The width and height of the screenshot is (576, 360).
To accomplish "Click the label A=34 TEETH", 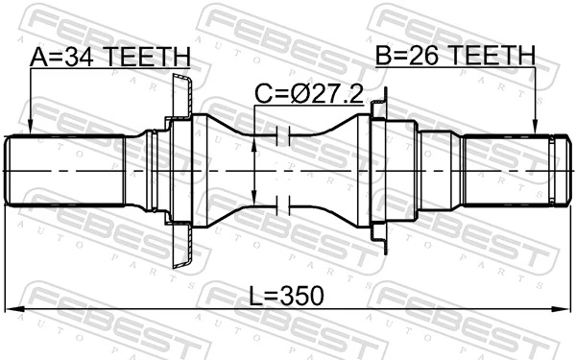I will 109,59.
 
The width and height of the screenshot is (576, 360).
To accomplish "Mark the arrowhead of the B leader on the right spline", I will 535,130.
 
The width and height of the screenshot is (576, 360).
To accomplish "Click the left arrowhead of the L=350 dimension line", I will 12,308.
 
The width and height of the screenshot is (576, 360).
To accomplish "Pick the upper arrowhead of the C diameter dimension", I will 252,142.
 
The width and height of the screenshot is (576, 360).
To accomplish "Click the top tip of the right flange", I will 384,92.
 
